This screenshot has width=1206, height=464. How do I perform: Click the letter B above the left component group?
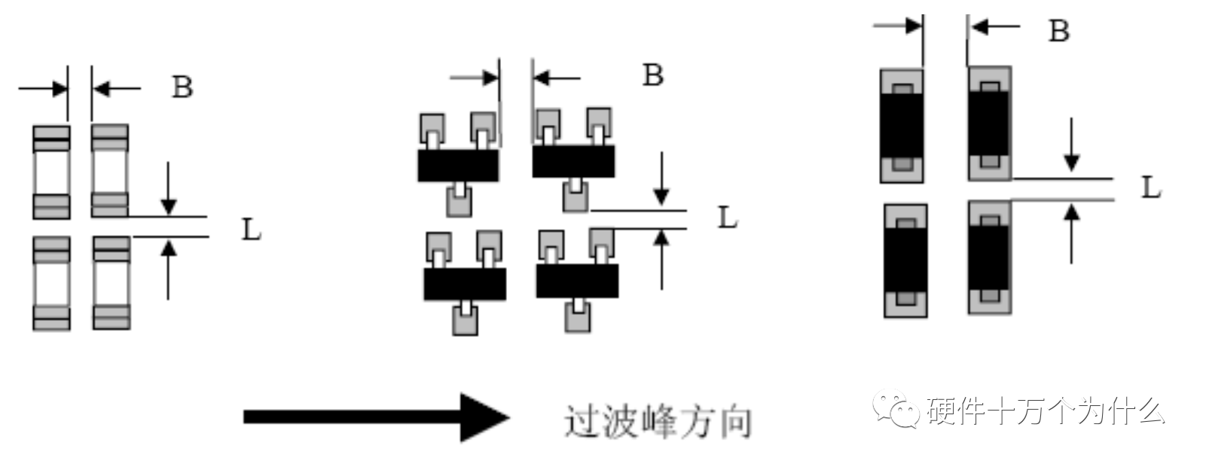tap(182, 87)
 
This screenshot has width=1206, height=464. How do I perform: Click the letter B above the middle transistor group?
tap(653, 75)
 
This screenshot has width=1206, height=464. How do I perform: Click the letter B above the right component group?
tap(1059, 31)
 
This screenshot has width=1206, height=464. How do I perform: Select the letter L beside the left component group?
tap(252, 230)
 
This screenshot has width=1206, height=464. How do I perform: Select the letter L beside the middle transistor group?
tap(728, 218)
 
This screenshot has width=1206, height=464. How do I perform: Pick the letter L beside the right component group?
tap(1151, 188)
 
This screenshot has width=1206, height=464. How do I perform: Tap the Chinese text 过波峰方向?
tap(658, 422)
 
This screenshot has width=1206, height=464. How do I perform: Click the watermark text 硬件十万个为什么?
tap(1046, 411)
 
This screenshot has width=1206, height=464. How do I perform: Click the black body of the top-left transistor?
tap(458, 165)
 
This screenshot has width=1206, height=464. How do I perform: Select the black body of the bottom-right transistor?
tap(577, 281)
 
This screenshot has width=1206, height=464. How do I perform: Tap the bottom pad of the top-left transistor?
tap(459, 201)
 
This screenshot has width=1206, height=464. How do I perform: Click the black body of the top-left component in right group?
tap(902, 126)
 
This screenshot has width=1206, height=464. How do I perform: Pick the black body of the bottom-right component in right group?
tap(990, 258)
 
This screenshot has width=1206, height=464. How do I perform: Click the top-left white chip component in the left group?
tap(52, 172)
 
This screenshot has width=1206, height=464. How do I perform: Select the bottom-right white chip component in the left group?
tap(111, 283)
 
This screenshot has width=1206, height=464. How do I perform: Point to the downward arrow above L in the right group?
tap(1071, 145)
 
